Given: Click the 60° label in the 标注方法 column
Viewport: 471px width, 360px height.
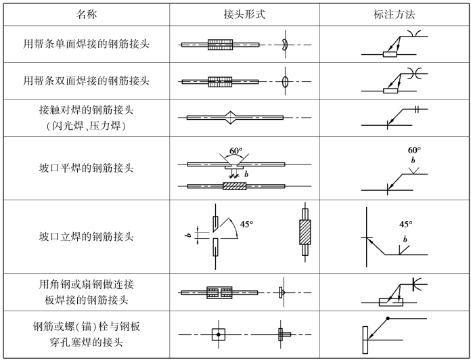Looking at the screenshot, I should (x=414, y=150).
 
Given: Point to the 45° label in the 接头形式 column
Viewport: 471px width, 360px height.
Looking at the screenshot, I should (x=247, y=223).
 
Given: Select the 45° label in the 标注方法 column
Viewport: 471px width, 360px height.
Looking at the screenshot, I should (x=405, y=224).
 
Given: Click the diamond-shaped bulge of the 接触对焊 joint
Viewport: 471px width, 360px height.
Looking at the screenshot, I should (x=232, y=118).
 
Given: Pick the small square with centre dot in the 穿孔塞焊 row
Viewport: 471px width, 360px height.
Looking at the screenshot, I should (x=217, y=334).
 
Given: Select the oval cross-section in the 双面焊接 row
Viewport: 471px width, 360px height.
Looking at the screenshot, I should (x=286, y=81).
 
